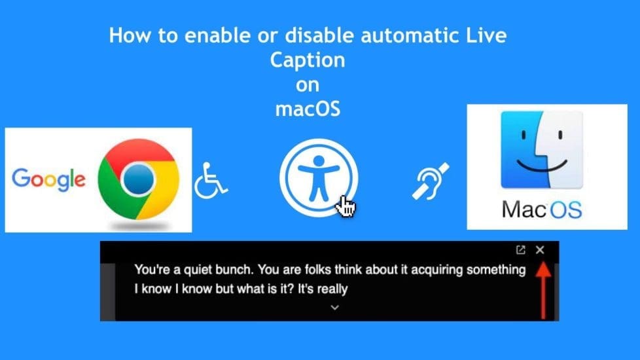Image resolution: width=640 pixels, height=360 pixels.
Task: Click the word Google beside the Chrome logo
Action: coord(48,179)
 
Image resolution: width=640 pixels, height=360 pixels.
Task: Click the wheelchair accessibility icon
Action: coord(210,181)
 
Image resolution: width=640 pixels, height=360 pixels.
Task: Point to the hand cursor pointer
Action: coord(345,207)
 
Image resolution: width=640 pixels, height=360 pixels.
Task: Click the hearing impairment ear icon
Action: coord(430,181)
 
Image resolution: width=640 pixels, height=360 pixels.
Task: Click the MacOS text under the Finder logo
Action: coord(542,209)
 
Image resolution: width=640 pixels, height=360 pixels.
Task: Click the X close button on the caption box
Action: coord(540,250)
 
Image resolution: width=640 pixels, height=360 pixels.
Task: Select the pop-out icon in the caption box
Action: coord(521,250)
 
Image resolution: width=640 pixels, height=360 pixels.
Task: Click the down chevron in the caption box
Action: coord(334,307)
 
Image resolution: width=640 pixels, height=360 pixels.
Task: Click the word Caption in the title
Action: coord(307,60)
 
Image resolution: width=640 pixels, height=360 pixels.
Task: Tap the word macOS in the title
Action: coord(308,108)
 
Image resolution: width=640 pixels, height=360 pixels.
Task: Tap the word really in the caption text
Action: coord(332,288)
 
